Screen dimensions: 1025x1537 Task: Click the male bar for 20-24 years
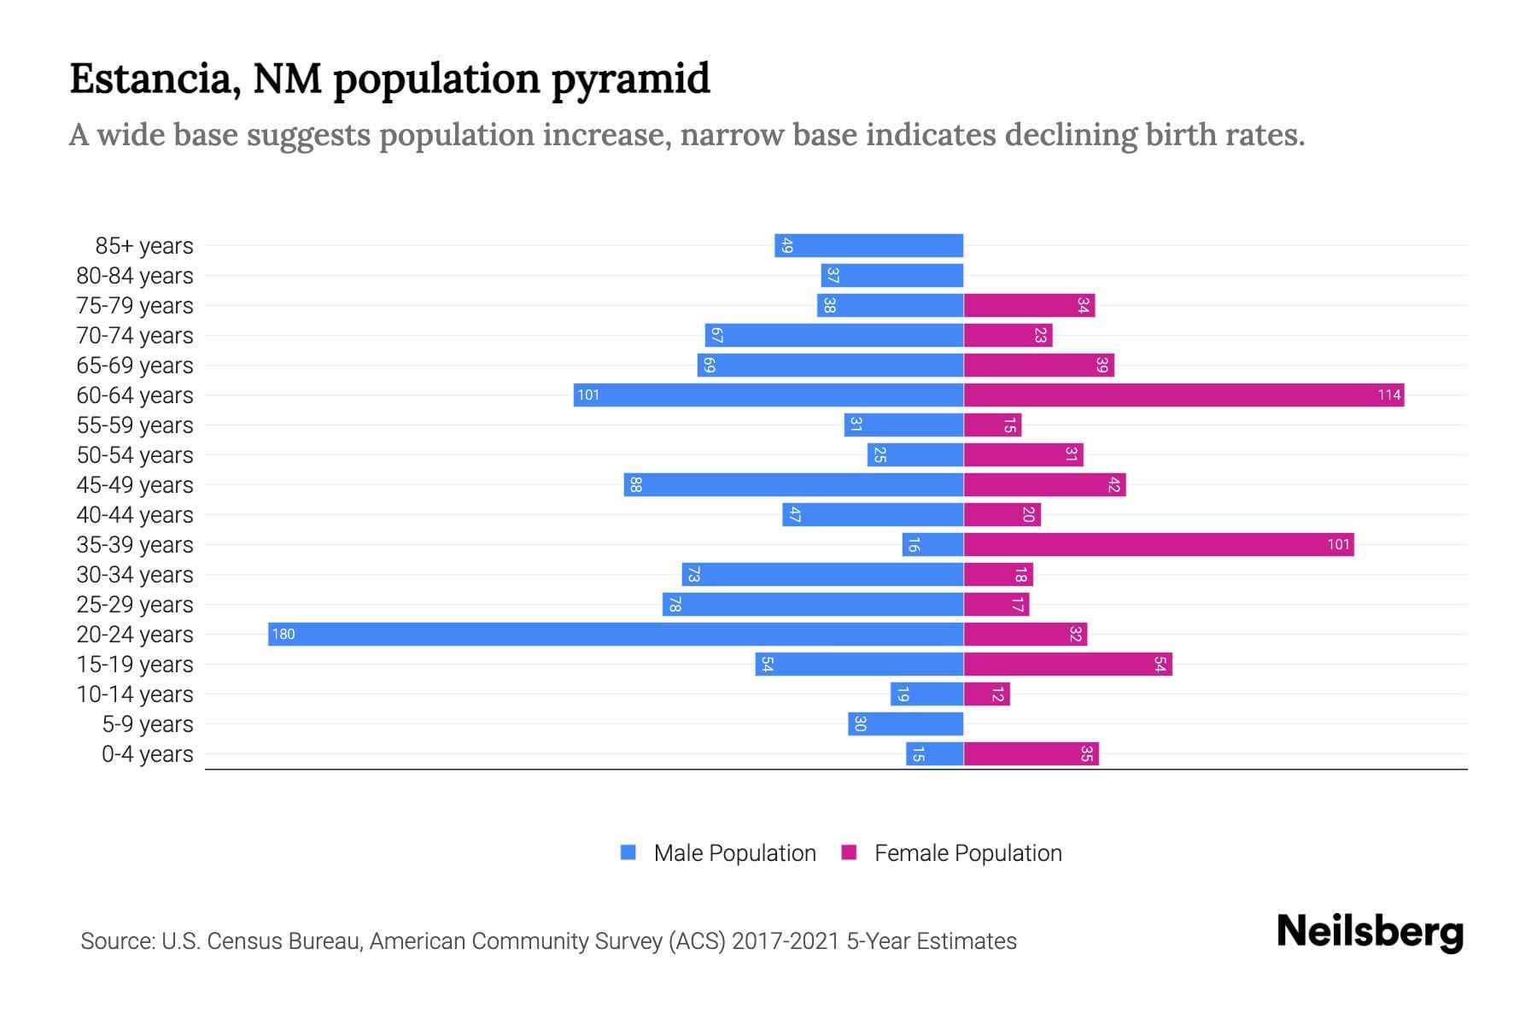pos(615,634)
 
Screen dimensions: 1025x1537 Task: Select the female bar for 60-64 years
pos(1183,395)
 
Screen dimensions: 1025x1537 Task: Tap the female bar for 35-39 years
pos(1159,544)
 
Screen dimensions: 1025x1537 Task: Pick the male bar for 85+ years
pos(869,245)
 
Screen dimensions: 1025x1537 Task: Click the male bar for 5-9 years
pos(906,723)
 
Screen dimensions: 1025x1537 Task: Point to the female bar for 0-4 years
pos(1031,753)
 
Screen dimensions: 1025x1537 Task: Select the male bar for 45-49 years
pos(793,484)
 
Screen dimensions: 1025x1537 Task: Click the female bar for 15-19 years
pos(1067,664)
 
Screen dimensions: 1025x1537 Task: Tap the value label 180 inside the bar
pos(283,634)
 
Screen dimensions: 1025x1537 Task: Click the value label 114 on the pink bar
pos(1388,395)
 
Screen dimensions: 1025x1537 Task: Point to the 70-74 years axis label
pos(135,336)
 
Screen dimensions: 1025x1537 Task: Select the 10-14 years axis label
pos(135,694)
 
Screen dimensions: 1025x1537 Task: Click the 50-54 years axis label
pos(135,455)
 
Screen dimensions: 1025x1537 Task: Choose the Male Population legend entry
pos(734,852)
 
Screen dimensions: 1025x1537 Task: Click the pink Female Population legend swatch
pos(849,852)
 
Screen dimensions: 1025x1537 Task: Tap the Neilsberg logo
pos(1370,932)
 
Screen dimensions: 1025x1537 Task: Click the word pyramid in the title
pos(630,79)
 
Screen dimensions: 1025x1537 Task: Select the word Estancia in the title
pos(149,79)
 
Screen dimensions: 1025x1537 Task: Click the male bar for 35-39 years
pos(932,544)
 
